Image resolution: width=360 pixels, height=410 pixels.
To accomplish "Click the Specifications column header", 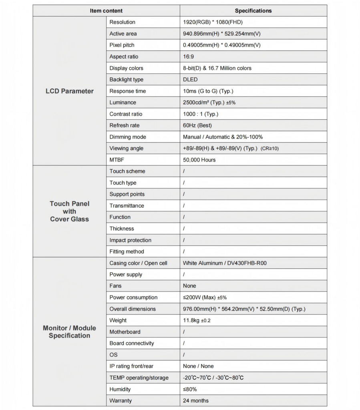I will [x=253, y=11].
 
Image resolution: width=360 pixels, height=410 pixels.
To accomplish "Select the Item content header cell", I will [x=106, y=11].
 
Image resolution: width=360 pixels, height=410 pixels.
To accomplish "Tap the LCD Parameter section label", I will [x=69, y=91].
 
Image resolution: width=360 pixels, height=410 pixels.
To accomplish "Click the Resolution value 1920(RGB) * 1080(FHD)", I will [x=213, y=22].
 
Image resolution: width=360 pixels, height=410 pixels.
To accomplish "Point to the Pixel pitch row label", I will [x=124, y=45].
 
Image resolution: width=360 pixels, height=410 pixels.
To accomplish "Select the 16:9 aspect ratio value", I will [x=189, y=56].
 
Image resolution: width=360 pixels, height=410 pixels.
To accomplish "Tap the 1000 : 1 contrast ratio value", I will [x=201, y=114].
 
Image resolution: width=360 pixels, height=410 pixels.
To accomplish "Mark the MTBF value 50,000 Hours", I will [x=199, y=160].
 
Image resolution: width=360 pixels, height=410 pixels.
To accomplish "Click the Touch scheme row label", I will [x=127, y=171].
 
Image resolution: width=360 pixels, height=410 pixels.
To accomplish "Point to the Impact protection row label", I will [x=130, y=240].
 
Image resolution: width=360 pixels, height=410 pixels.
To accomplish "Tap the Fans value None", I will [x=189, y=286].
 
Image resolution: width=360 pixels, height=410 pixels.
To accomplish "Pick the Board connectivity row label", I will [x=132, y=343].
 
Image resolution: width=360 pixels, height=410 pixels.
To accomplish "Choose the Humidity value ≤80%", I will [x=190, y=389].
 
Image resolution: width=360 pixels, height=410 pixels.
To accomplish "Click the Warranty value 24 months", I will [x=196, y=400].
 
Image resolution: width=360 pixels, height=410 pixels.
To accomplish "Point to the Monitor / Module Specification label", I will [x=69, y=332].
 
